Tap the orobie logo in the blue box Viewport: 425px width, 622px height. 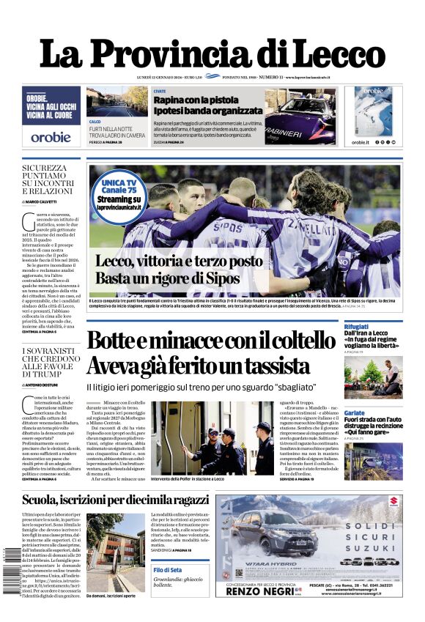(51, 136)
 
